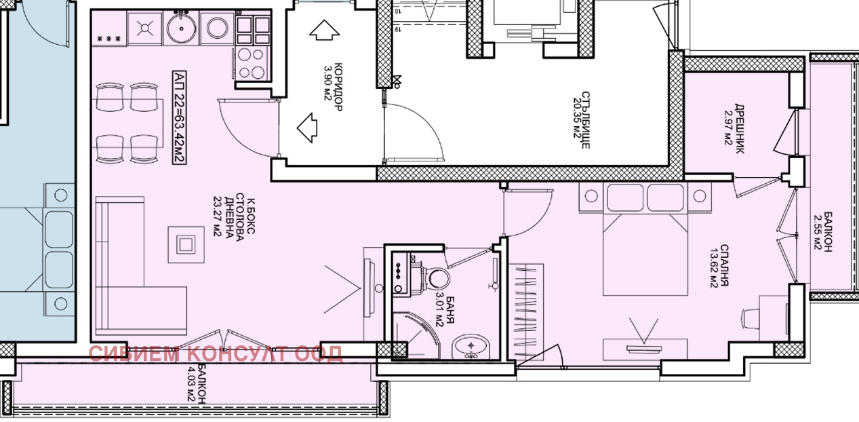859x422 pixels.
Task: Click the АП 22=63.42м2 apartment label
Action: tap(180, 117)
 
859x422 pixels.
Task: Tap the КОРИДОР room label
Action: tap(338, 87)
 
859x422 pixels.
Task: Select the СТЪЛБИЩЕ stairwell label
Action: tap(586, 119)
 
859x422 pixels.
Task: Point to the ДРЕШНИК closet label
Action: tap(740, 129)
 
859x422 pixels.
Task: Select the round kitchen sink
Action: tap(182, 28)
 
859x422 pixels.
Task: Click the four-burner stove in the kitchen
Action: tap(252, 63)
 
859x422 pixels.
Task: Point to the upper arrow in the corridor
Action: tap(325, 30)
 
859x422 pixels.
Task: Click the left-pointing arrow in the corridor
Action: tap(307, 128)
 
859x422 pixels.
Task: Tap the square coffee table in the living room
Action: tap(186, 244)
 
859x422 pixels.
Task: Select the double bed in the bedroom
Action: tap(645, 239)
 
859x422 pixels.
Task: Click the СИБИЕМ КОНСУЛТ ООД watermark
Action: tap(216, 353)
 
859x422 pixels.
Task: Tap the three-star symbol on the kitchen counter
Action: tap(109, 39)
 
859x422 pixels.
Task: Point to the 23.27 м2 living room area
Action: tap(218, 216)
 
